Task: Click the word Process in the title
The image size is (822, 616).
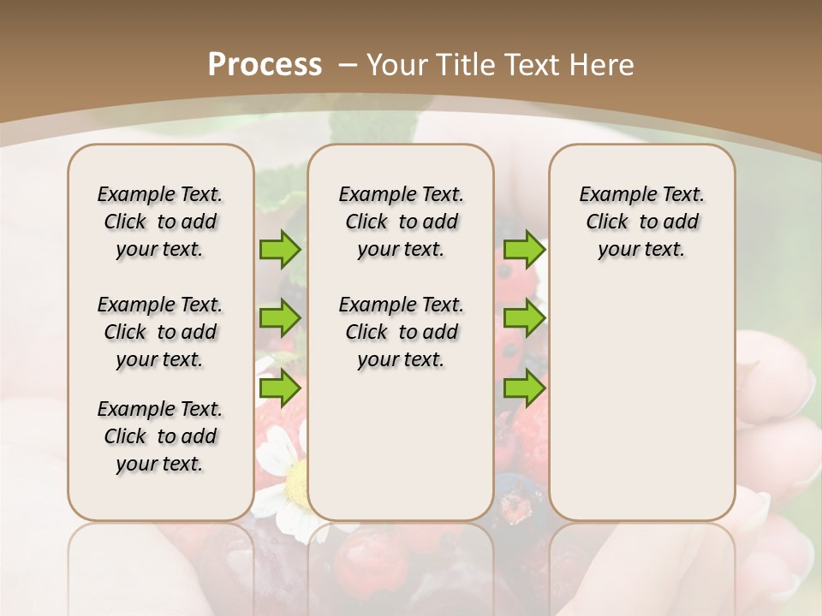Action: (x=265, y=64)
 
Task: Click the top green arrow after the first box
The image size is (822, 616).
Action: (x=279, y=249)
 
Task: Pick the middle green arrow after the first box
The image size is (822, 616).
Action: (x=279, y=318)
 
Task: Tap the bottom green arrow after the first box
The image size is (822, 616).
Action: (x=279, y=388)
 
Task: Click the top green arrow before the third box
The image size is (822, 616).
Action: (x=524, y=249)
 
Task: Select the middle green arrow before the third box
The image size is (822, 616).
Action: (x=524, y=318)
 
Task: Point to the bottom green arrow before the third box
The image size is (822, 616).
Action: (x=524, y=388)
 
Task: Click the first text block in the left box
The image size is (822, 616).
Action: (x=160, y=222)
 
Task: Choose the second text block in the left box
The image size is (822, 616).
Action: (x=160, y=332)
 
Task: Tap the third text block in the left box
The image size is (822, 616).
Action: (x=160, y=436)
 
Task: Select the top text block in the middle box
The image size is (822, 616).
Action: (x=401, y=222)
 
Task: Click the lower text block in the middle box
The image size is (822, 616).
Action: (x=401, y=332)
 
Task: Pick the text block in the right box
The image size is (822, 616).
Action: (x=641, y=222)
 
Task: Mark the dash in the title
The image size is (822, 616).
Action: (x=348, y=64)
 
